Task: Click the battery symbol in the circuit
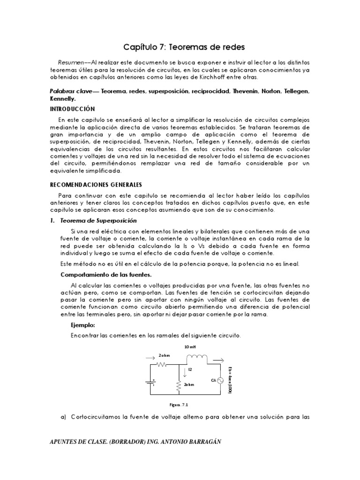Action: click(x=150, y=382)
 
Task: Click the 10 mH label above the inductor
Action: click(x=191, y=347)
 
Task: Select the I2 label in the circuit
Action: click(x=190, y=370)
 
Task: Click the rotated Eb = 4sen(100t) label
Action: click(x=230, y=379)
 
